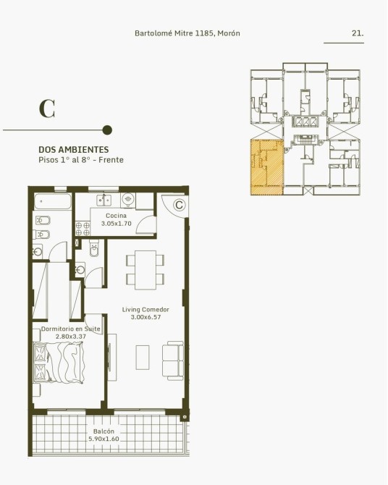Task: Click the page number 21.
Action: [358, 33]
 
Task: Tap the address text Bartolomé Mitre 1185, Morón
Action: [187, 33]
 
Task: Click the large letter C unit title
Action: [47, 109]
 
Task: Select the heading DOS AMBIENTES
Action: [74, 150]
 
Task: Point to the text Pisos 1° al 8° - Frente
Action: [81, 160]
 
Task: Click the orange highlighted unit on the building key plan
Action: [266, 167]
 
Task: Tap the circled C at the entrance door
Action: [179, 205]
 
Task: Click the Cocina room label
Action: [116, 216]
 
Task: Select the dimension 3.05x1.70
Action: [117, 224]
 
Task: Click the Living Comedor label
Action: [145, 309]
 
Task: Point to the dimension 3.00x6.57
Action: [145, 317]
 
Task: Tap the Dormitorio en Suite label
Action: [71, 329]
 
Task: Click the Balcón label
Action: [104, 431]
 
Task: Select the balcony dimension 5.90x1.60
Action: [104, 439]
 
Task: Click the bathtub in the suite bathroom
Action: [53, 202]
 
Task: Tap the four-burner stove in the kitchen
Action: [83, 229]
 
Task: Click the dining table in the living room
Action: [145, 270]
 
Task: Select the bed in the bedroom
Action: [59, 363]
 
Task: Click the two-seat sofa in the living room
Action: [173, 360]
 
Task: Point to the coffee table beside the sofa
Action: [143, 358]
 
